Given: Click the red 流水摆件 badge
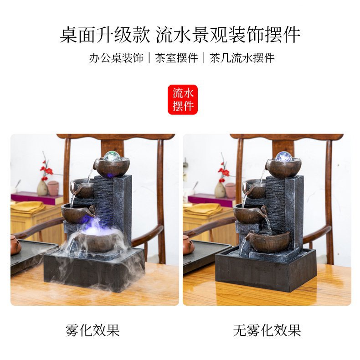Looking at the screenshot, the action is click(x=183, y=100).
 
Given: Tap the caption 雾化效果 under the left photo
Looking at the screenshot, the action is click(x=93, y=330).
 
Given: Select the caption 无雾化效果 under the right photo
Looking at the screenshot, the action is click(x=267, y=330).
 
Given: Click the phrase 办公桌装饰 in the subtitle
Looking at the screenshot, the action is click(x=116, y=57).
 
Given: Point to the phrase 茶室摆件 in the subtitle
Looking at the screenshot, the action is click(x=176, y=57).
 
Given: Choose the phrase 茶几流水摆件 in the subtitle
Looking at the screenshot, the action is click(x=242, y=57).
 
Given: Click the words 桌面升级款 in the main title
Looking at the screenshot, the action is click(x=105, y=35).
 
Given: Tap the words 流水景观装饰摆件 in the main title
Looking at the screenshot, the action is click(x=228, y=35).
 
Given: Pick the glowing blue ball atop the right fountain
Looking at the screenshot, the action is click(x=283, y=157).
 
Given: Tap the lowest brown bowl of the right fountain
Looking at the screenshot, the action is click(x=267, y=242).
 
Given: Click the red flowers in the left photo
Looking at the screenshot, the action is click(x=46, y=171).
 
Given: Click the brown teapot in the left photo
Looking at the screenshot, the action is click(x=15, y=245).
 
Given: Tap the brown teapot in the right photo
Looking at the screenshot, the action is click(x=188, y=245).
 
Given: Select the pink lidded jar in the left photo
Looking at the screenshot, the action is click(x=53, y=188).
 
